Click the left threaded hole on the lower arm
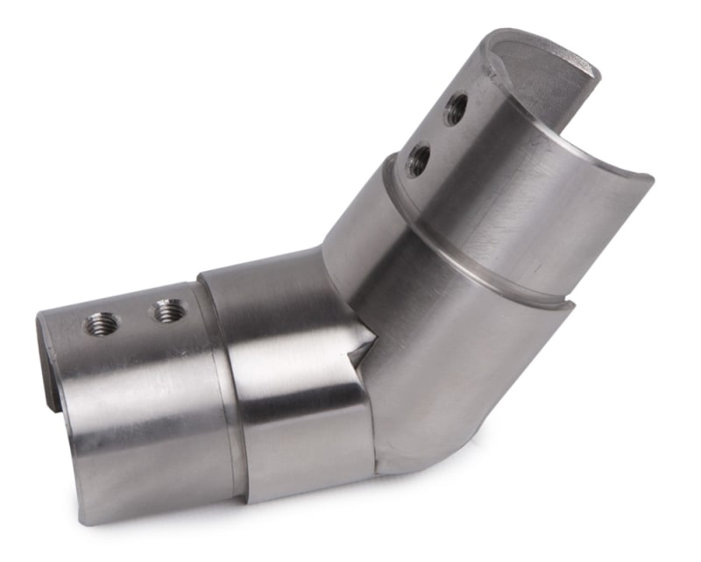click(101, 324)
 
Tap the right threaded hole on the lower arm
click(167, 309)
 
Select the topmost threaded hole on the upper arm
click(456, 109)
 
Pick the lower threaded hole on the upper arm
click(419, 160)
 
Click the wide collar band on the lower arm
click(289, 386)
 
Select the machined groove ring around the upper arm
click(491, 263)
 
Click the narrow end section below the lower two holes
click(131, 412)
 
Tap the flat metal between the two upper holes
click(437, 134)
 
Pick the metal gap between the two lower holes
click(134, 317)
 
